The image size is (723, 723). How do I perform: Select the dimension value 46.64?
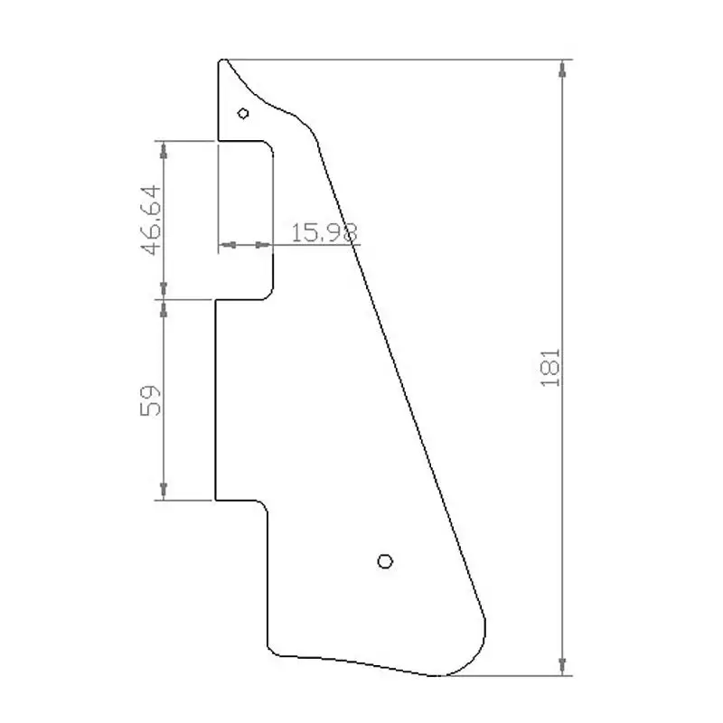[151, 220]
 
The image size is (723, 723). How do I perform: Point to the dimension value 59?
[151, 399]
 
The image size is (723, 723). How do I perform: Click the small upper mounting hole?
[243, 113]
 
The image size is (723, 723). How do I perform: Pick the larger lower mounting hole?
[385, 561]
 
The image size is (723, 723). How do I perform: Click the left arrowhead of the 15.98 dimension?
[226, 244]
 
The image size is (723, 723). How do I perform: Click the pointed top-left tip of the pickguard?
[222, 61]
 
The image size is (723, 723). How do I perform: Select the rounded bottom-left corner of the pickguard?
[275, 645]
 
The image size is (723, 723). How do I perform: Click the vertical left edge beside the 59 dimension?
[215, 399]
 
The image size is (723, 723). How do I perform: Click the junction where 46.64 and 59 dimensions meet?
[163, 299]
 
